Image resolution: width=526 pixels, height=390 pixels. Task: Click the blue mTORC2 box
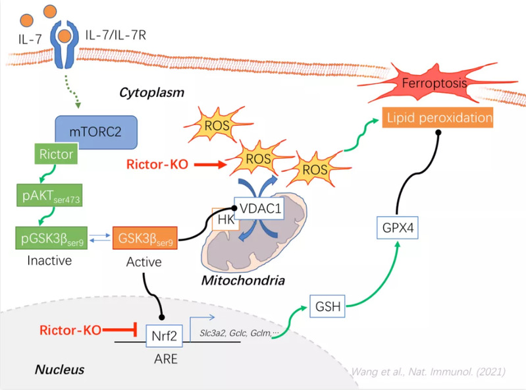click(96, 132)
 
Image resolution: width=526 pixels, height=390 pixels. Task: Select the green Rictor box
click(56, 153)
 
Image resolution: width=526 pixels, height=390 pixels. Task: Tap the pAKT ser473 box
click(49, 195)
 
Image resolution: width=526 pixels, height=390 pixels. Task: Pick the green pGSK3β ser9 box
click(51, 238)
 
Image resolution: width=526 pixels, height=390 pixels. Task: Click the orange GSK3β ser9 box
click(145, 238)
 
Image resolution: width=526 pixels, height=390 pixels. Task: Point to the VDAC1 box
click(259, 208)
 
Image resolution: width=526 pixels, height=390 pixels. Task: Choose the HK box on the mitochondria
click(225, 219)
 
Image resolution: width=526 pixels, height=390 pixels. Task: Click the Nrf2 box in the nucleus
click(164, 335)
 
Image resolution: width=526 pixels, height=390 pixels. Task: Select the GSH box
click(327, 306)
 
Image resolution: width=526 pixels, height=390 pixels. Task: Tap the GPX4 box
click(398, 227)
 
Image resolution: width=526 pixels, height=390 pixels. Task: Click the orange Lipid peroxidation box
click(438, 117)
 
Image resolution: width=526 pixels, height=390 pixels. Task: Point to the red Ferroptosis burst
click(434, 82)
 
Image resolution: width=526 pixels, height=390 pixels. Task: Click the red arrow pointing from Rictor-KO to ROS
click(210, 165)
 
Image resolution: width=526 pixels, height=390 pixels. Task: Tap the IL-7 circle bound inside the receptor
click(64, 36)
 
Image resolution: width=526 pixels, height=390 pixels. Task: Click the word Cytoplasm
click(151, 92)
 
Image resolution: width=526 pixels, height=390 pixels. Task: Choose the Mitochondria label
click(243, 280)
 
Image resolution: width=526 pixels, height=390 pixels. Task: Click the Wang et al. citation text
click(429, 372)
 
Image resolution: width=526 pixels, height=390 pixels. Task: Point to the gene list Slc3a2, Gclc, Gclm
click(239, 333)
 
